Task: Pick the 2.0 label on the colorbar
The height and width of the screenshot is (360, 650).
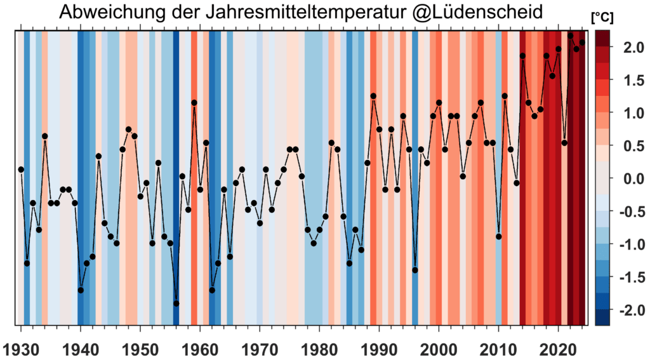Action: [630, 47]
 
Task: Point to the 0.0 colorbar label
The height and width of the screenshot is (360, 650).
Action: [630, 178]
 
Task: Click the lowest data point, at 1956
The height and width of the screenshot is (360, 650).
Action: [176, 303]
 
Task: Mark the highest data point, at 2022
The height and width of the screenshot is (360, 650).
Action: [570, 36]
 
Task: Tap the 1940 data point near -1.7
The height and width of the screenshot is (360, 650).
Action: [81, 290]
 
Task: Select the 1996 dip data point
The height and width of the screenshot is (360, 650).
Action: [415, 270]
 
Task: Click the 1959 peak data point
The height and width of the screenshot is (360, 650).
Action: [194, 102]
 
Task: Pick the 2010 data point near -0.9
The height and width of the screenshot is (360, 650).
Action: [499, 236]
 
